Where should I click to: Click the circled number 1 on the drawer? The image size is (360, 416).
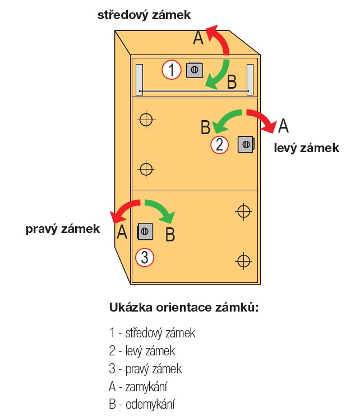[172, 70]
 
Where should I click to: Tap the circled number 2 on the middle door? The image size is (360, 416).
[220, 145]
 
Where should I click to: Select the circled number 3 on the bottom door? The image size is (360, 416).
[145, 258]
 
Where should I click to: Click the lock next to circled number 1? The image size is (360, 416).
[195, 70]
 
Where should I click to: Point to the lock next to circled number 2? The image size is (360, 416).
[246, 144]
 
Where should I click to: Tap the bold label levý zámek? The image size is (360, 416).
[306, 148]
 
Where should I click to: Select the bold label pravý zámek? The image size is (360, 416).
[62, 228]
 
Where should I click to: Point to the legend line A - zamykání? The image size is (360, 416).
[139, 387]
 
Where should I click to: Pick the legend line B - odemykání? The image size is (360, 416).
[142, 404]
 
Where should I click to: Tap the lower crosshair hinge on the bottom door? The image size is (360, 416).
[243, 260]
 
